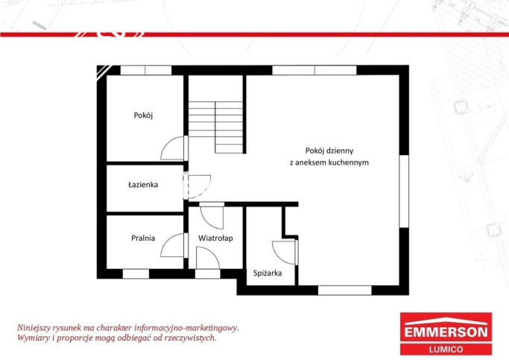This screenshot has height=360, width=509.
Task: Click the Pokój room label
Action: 143,116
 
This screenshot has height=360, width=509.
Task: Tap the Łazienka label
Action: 143,185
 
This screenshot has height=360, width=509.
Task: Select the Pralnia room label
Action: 143,238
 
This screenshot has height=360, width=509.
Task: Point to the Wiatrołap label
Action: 215,239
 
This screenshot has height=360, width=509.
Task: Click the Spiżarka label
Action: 268,274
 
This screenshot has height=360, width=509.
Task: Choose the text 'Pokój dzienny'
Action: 329,151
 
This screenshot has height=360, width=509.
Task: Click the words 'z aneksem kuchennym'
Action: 329,162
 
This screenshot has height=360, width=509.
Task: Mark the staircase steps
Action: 215,127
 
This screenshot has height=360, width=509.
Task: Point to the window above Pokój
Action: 146,70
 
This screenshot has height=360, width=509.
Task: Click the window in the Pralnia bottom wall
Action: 136,274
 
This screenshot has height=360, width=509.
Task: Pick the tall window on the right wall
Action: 404,192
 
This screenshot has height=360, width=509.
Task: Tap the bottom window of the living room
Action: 344,290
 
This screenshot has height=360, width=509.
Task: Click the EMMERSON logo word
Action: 446,332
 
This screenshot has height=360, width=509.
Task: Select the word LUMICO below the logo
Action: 446,350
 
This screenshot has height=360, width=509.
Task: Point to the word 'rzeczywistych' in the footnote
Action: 190,338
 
